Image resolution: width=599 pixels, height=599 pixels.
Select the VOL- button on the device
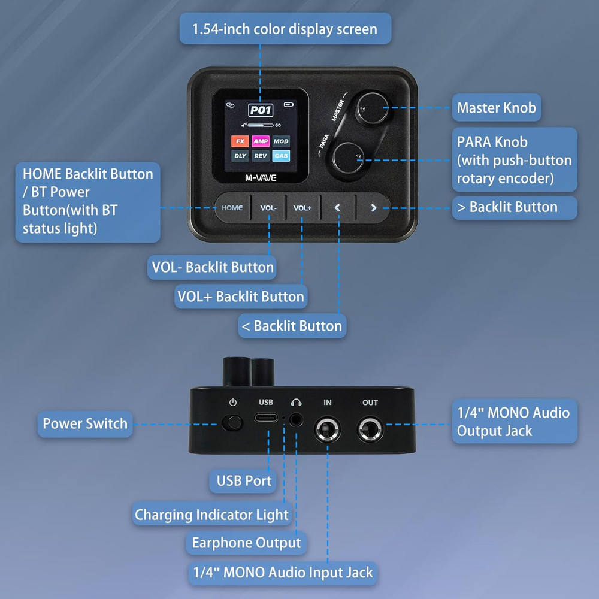[268, 208]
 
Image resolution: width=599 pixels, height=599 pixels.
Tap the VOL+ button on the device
[302, 208]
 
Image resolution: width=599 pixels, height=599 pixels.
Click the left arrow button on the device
[338, 208]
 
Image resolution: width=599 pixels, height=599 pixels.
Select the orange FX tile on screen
[240, 141]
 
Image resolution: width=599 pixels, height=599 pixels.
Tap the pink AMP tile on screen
[261, 141]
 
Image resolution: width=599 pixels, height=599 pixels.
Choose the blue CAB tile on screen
[281, 156]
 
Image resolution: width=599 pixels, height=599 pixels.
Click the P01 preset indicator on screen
[261, 110]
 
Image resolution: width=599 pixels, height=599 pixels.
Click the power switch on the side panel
[232, 423]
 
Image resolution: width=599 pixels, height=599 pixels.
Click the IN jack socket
[328, 430]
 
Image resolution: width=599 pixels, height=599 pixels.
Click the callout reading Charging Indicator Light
[211, 515]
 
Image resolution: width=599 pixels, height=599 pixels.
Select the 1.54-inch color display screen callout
[285, 29]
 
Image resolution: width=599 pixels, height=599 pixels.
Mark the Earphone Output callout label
[246, 543]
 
